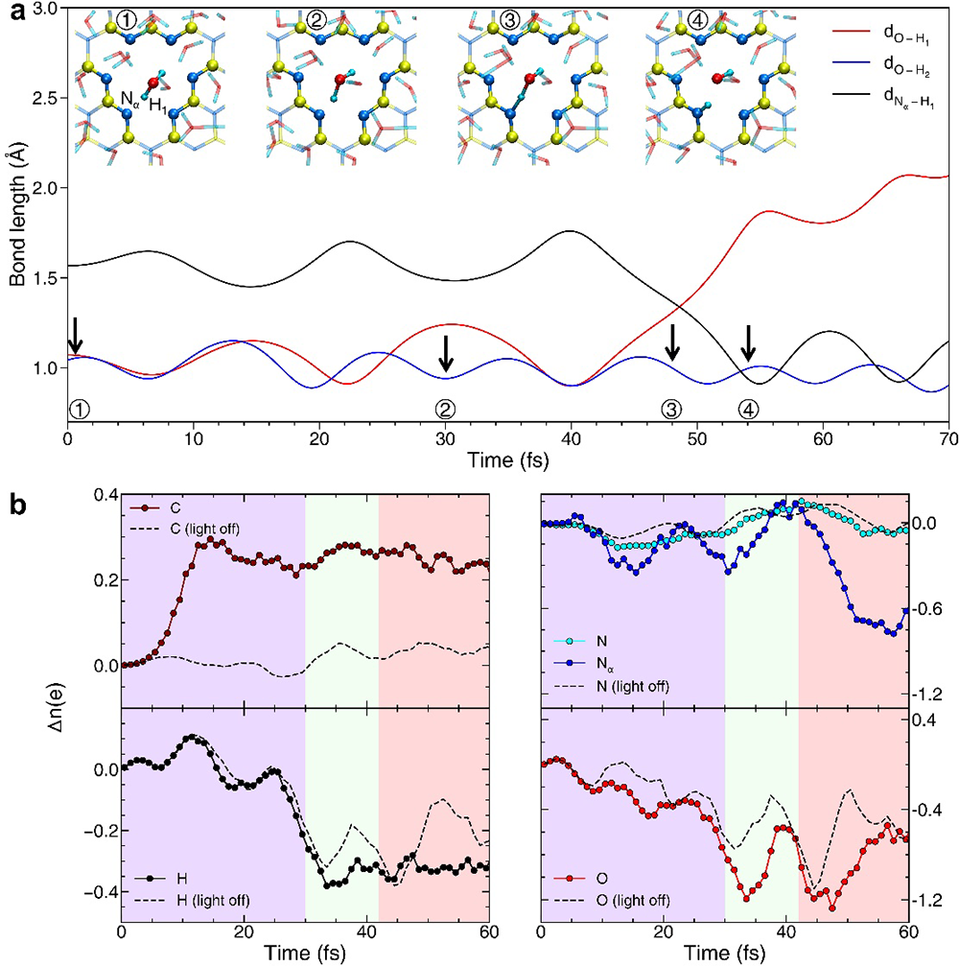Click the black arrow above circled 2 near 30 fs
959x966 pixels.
(x=445, y=353)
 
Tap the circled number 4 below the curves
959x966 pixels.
(x=748, y=408)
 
